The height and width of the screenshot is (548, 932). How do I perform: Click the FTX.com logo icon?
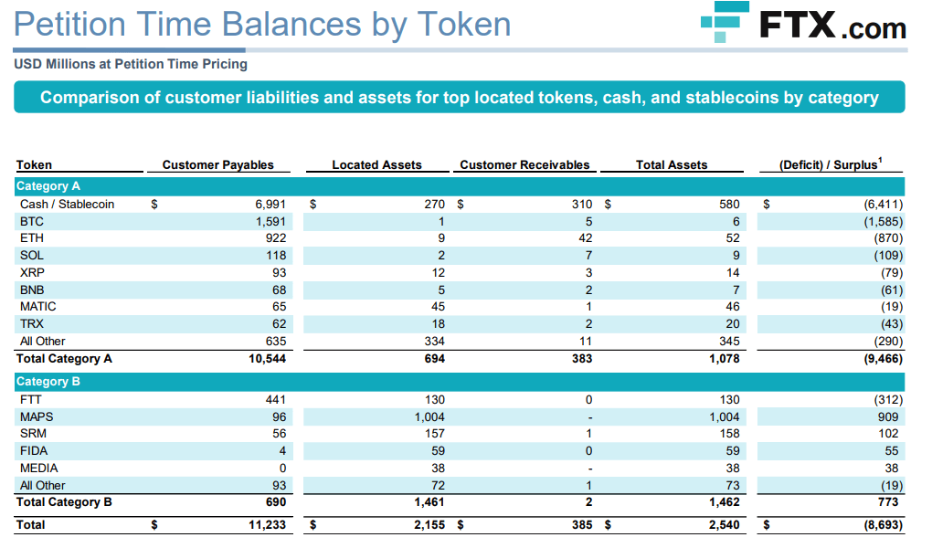[725, 25]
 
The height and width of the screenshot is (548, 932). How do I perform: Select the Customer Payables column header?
[217, 165]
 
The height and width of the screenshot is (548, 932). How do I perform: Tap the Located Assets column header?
[376, 165]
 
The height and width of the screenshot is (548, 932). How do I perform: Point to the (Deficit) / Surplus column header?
[831, 164]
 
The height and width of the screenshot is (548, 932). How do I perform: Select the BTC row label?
[31, 221]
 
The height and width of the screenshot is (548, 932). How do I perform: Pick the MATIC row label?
[37, 307]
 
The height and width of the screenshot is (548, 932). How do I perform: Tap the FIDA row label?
[34, 451]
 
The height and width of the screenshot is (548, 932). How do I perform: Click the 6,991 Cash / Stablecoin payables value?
[270, 205]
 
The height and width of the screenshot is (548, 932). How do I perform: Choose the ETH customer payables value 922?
[275, 238]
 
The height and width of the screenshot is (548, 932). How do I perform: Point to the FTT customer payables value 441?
[275, 399]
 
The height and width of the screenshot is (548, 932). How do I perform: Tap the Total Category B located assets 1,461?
[429, 502]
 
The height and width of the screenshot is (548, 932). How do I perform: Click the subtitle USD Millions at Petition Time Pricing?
[131, 65]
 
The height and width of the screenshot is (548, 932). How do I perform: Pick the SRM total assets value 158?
[729, 434]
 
